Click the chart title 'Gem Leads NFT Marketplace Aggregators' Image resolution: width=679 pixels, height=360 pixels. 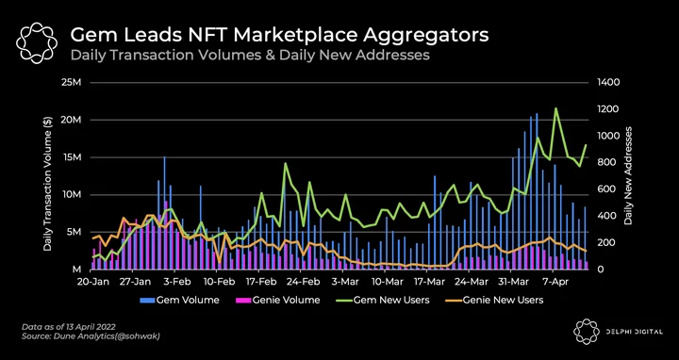pyautogui.click(x=279, y=36)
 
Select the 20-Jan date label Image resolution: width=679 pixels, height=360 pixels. pyautogui.click(x=92, y=282)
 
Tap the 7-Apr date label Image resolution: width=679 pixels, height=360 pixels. pyautogui.click(x=554, y=282)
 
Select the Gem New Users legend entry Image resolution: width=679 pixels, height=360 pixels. pyautogui.click(x=382, y=300)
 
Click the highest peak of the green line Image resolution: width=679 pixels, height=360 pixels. pyautogui.click(x=555, y=108)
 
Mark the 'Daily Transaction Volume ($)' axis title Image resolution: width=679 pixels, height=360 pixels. pyautogui.click(x=48, y=184)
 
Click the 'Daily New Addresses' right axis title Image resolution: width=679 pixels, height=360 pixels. pyautogui.click(x=628, y=175)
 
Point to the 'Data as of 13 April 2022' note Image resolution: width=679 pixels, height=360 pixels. pyautogui.click(x=69, y=326)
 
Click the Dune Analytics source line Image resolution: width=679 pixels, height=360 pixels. pyautogui.click(x=91, y=335)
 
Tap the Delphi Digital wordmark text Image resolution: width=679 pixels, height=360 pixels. pyautogui.click(x=633, y=332)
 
